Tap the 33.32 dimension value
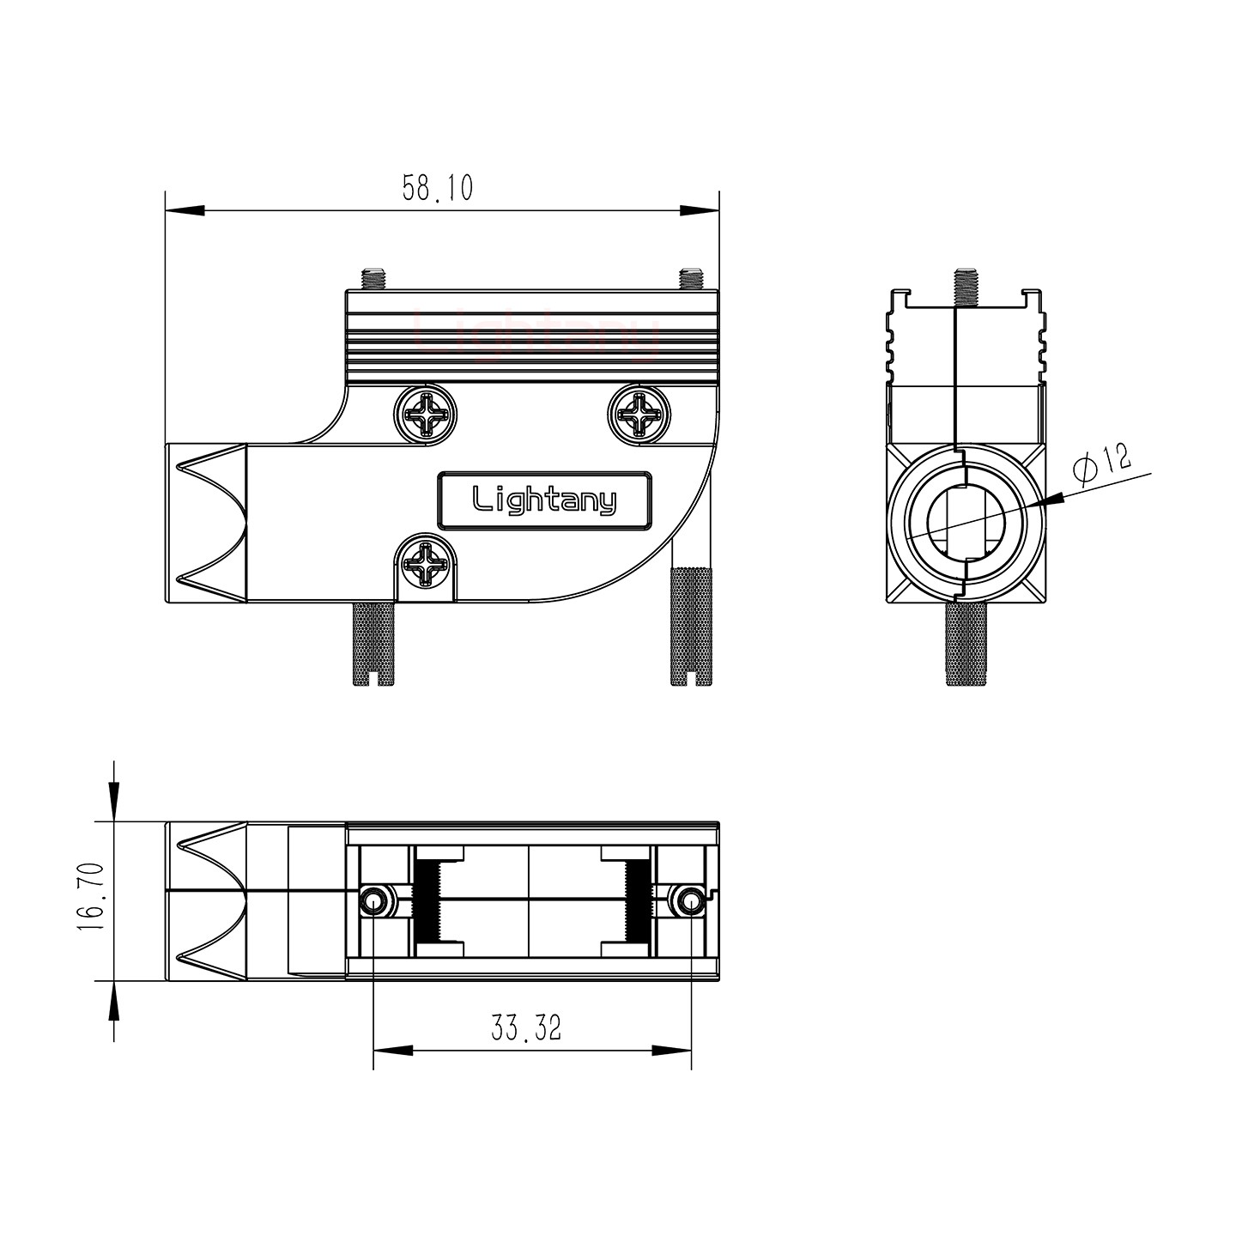point(525,1027)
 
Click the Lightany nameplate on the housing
point(544,500)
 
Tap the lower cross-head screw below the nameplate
point(426,563)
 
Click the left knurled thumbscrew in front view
point(373,643)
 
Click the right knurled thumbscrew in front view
point(691,627)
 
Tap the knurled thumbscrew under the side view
point(966,644)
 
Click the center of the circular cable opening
point(966,522)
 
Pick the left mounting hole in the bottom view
point(373,901)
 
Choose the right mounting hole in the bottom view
point(690,901)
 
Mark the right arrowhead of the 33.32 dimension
point(673,1051)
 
